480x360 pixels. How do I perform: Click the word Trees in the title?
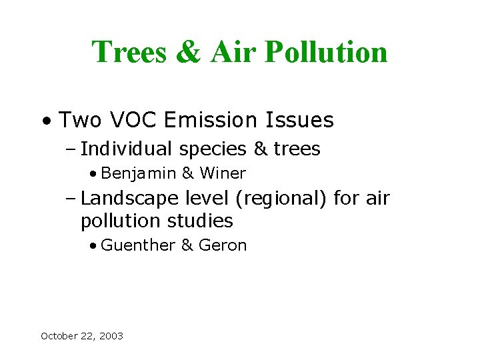click(129, 53)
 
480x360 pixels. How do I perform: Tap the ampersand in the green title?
click(189, 53)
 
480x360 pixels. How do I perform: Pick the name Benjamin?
click(139, 174)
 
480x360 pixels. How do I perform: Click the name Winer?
click(223, 174)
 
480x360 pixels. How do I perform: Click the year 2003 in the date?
click(111, 336)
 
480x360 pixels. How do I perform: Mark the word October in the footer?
click(59, 336)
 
